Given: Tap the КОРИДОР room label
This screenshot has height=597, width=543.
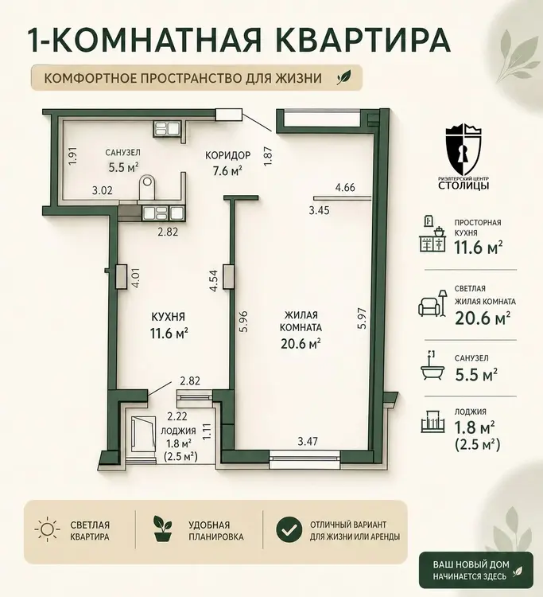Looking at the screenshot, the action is [x=227, y=155].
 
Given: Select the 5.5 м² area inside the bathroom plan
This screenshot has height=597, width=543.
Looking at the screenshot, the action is [x=122, y=167].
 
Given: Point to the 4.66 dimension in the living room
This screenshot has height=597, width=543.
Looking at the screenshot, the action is [x=344, y=187].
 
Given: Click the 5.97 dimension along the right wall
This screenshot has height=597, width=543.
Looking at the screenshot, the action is [x=363, y=318].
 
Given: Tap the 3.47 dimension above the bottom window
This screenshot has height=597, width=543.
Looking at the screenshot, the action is [x=308, y=442].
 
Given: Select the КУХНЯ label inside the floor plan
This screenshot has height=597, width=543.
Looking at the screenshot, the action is [x=168, y=317].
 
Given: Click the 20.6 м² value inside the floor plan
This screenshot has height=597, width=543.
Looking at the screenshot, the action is [x=301, y=344].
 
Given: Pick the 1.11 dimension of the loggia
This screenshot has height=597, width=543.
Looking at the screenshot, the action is [x=207, y=432].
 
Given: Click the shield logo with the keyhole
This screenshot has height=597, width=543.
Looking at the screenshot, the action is [x=463, y=150].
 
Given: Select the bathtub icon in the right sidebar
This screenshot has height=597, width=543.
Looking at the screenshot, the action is [x=432, y=366].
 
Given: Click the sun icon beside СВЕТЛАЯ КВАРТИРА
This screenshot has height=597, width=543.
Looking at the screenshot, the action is [x=47, y=529].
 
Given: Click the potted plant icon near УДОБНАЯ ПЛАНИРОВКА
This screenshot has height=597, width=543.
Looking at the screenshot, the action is [x=163, y=529].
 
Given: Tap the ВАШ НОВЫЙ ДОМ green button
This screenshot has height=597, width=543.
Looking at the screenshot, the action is [x=476, y=570].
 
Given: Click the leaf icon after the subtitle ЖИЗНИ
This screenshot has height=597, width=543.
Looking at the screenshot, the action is [x=343, y=78].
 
